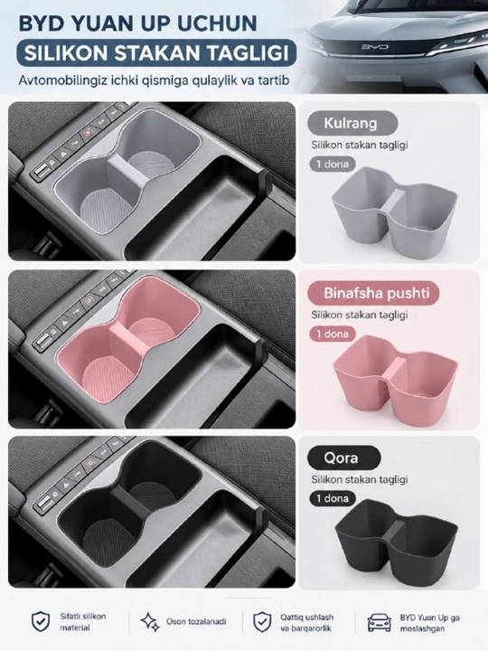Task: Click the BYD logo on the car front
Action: click(374, 46)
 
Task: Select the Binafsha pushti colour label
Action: click(373, 293)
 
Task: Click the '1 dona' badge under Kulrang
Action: click(333, 164)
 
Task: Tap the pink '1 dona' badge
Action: click(333, 334)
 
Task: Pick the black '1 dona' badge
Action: click(333, 498)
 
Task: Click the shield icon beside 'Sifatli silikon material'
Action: click(41, 621)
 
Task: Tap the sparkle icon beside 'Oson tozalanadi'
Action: click(150, 622)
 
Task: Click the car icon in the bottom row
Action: click(380, 622)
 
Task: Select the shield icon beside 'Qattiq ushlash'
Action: click(262, 621)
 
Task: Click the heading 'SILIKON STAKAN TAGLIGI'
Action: click(156, 53)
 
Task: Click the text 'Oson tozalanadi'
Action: click(196, 621)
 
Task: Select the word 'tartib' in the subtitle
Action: click(273, 80)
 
